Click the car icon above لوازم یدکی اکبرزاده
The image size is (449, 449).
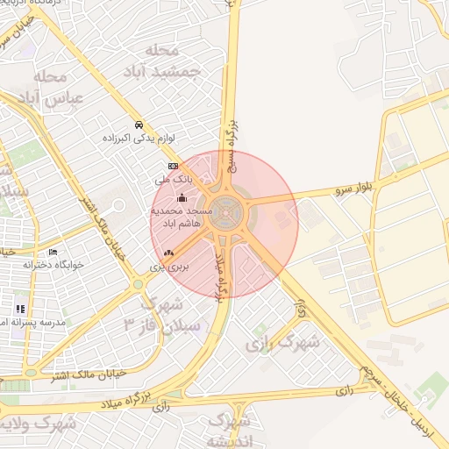pyautogui.click(x=139, y=124)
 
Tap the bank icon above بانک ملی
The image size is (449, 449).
pyautogui.click(x=173, y=165)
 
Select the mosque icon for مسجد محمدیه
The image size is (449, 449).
pyautogui.click(x=182, y=197)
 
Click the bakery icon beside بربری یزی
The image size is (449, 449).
pyautogui.click(x=168, y=253)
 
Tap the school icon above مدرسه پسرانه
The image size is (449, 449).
pyautogui.click(x=19, y=309)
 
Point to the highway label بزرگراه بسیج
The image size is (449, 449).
pyautogui.click(x=233, y=132)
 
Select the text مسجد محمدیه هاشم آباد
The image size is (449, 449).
pyautogui.click(x=182, y=218)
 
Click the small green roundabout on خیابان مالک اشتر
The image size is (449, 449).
pyautogui.click(x=137, y=284)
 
